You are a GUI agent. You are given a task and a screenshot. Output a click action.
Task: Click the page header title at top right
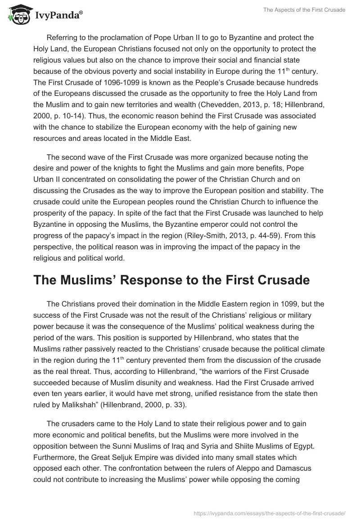pos(304,10)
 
